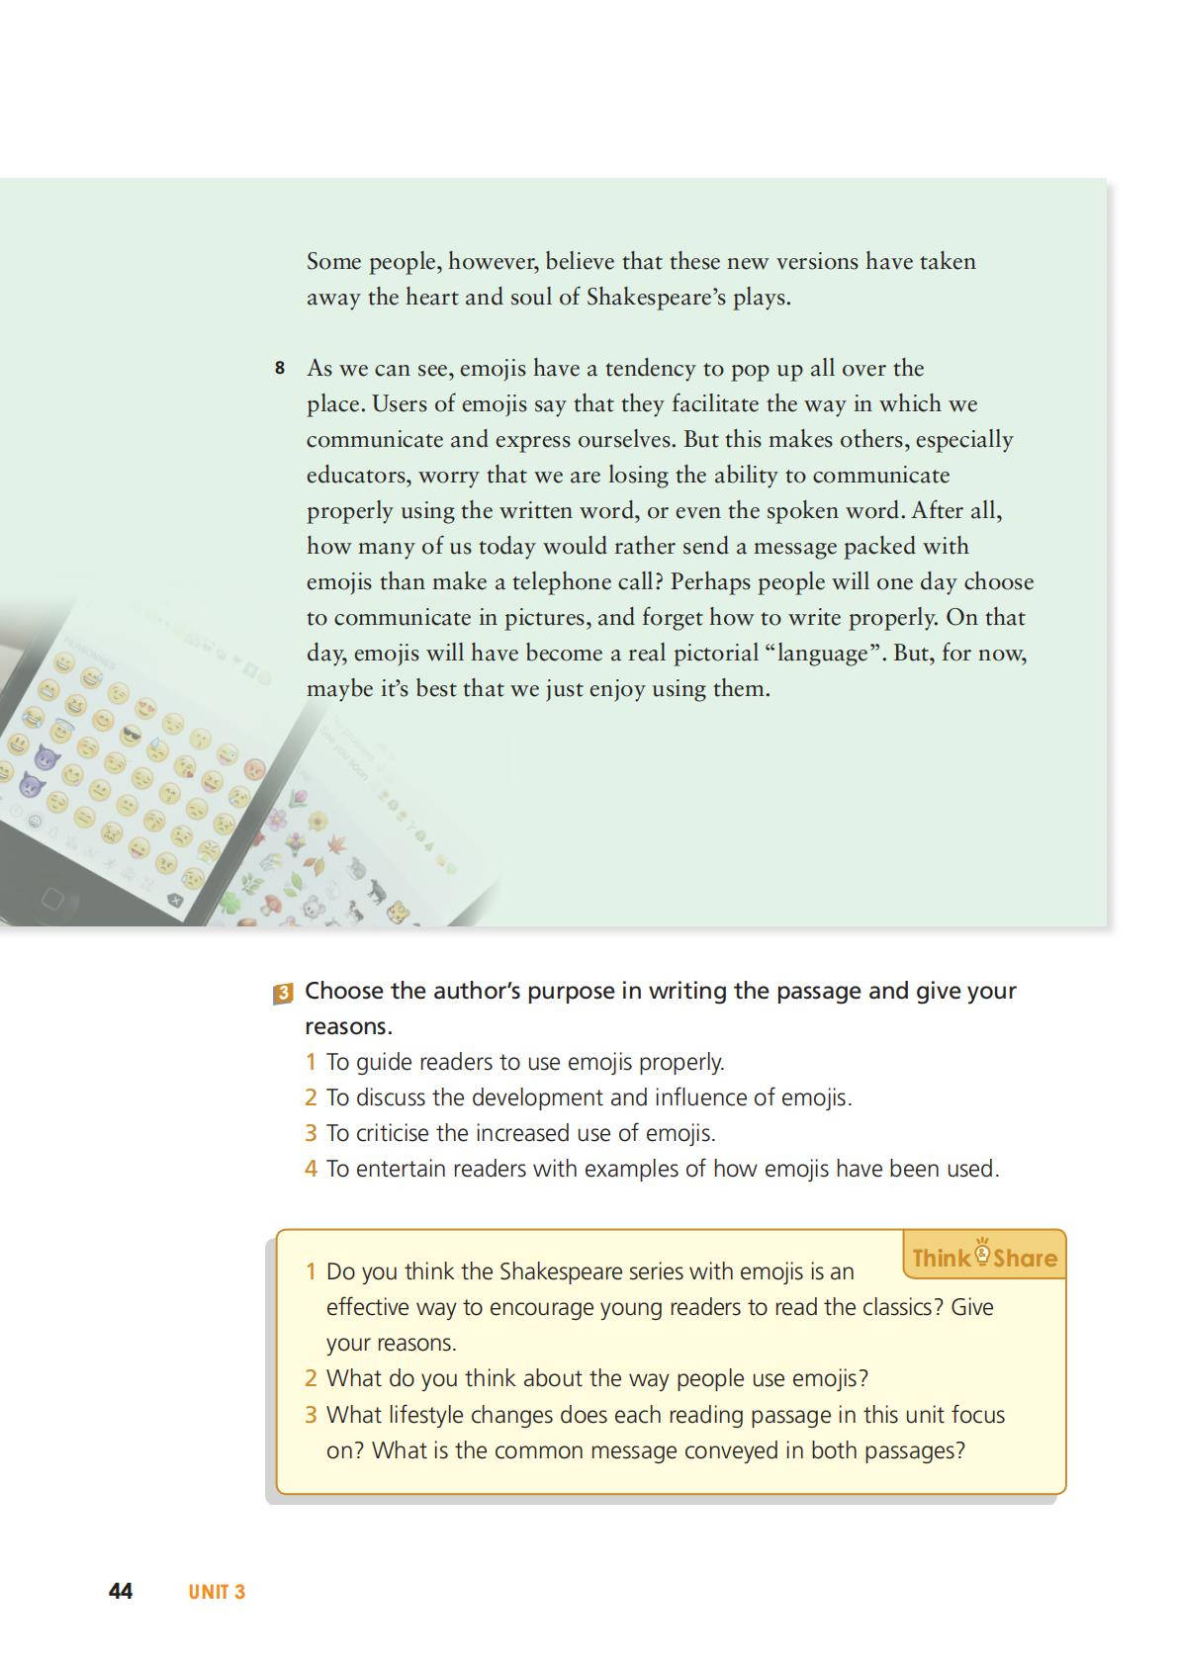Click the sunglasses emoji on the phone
(x=132, y=735)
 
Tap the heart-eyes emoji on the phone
(x=145, y=708)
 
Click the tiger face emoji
(x=401, y=911)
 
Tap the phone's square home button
(x=51, y=898)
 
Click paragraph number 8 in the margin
(x=280, y=369)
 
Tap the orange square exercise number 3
(x=282, y=993)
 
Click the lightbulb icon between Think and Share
(x=982, y=1253)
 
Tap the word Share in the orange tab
(x=1025, y=1259)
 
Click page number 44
(x=121, y=1591)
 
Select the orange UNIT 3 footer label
(x=217, y=1592)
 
